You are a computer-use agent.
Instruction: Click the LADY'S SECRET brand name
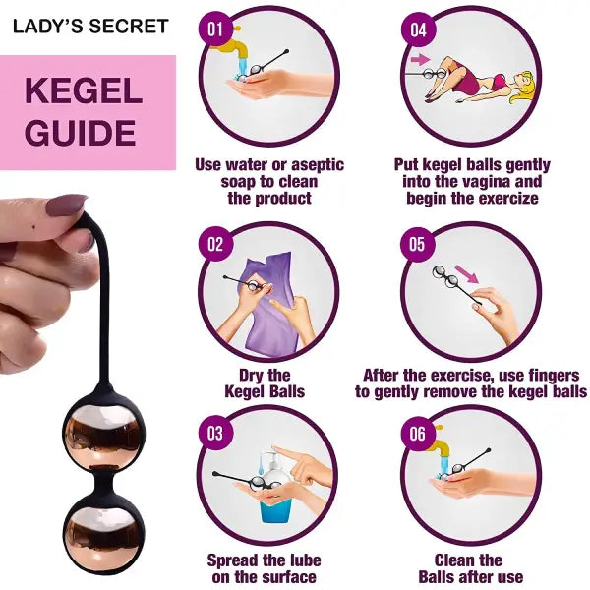90,27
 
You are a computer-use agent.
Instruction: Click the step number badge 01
216,28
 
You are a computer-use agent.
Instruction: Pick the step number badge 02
216,243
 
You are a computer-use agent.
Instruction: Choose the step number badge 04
419,29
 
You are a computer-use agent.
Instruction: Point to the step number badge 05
418,243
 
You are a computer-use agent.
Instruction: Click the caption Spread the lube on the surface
264,568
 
